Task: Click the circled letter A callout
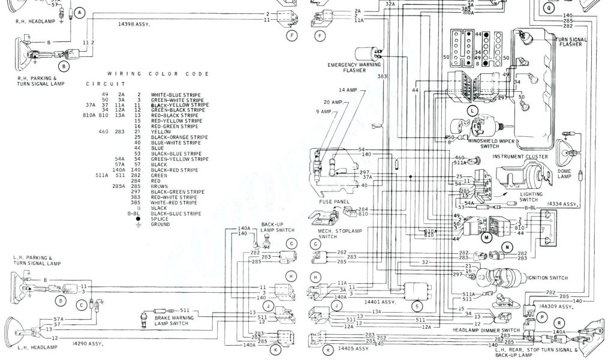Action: (80, 12)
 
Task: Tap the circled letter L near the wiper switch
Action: (473, 111)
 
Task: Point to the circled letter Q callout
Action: (548, 8)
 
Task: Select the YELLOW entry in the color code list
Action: (161, 131)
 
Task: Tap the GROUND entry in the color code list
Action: (160, 224)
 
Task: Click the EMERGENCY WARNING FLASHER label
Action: (355, 67)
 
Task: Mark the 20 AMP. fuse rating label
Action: (333, 101)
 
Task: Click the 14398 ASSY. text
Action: (134, 24)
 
